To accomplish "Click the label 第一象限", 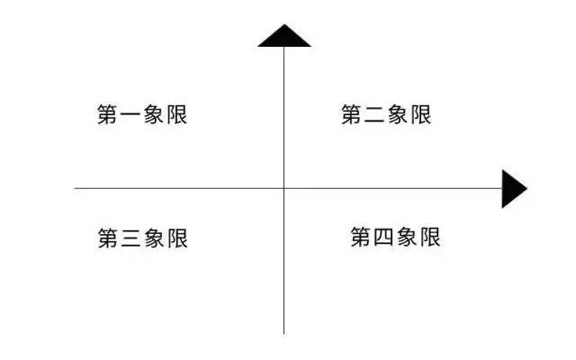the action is coord(142,115).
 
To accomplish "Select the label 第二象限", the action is coord(386,115).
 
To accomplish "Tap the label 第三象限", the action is coord(142,238).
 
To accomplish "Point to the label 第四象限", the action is coord(395,238).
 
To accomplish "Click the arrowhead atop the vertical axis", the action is coord(284,35).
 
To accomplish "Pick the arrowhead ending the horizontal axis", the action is coord(513,188).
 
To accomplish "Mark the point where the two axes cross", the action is coord(284,188).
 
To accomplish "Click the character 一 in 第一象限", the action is coord(130,115).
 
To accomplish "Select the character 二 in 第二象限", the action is coord(374,115).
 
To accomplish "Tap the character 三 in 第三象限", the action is coord(130,238).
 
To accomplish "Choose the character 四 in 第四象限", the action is coord(383,238).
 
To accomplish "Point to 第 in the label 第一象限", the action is coord(108,115).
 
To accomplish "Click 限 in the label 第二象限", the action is coord(421,115).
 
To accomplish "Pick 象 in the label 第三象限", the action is coord(154,238).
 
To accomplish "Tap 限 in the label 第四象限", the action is coord(430,238).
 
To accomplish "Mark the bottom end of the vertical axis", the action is coord(284,333).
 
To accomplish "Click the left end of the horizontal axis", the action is coord(75,188).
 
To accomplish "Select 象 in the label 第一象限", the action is coord(154,115).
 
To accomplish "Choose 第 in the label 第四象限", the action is coord(361,238).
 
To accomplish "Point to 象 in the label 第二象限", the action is coord(398,115).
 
